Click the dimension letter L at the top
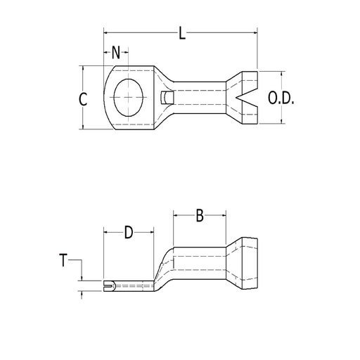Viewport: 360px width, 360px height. coord(182,33)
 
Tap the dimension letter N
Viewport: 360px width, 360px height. coord(116,52)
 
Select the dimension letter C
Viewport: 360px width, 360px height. coord(83,99)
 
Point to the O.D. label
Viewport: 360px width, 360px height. coord(281,98)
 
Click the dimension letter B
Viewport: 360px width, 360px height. coord(200,215)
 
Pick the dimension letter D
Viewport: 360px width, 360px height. coord(129,233)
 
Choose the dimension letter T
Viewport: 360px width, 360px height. coord(63,260)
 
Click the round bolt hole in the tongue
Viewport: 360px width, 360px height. coord(128,98)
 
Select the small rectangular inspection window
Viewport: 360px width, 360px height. coord(167,98)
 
